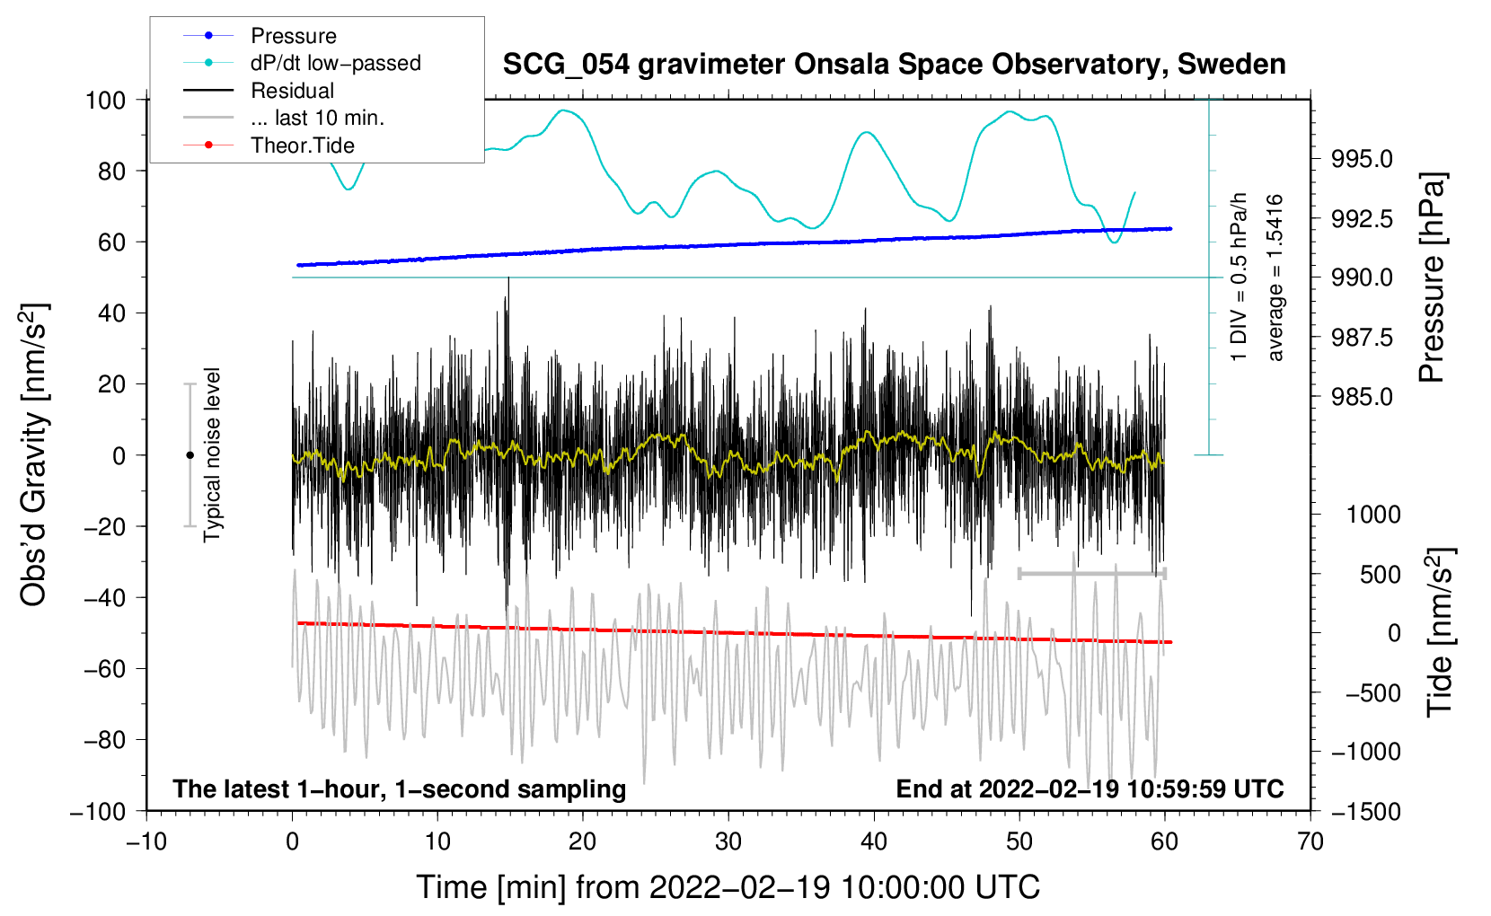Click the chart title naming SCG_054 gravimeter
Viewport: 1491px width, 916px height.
point(894,65)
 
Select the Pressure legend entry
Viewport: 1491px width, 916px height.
point(293,36)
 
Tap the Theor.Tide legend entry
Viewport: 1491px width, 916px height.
point(302,145)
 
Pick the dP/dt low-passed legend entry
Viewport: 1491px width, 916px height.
point(335,64)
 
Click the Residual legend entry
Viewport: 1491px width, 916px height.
point(292,91)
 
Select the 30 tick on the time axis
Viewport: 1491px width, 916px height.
point(728,841)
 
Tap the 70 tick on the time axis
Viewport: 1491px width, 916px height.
point(1310,841)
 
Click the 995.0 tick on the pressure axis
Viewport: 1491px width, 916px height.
point(1362,159)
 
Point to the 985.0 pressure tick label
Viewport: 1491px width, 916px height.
point(1362,397)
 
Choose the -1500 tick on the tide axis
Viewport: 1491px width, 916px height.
point(1366,811)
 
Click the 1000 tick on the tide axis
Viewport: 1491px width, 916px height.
point(1373,515)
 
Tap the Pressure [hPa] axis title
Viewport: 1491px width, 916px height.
point(1434,278)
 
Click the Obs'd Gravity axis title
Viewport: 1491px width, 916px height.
point(34,455)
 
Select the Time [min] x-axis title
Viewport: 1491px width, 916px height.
point(728,887)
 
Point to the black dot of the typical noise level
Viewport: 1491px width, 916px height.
point(190,455)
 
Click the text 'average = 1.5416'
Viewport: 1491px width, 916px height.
point(1275,278)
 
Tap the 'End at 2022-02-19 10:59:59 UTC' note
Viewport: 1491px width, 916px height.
point(1090,789)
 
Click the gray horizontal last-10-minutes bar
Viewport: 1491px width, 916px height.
point(1091,573)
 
